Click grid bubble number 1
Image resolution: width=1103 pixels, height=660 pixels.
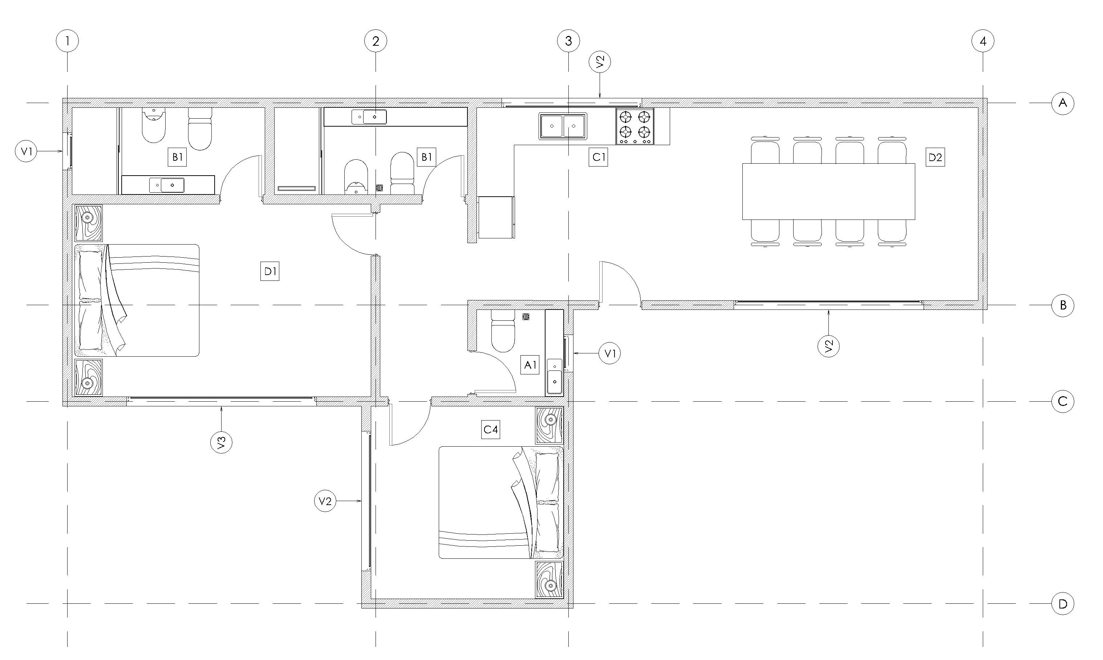click(x=67, y=41)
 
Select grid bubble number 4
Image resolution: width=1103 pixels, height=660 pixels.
click(x=983, y=41)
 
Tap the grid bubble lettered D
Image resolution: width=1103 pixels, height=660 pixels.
click(x=1062, y=604)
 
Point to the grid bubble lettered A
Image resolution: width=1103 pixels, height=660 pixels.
click(x=1062, y=103)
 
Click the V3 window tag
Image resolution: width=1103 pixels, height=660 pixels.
click(x=221, y=442)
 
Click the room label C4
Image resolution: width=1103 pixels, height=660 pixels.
click(x=491, y=430)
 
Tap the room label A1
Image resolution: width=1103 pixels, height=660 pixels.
click(x=530, y=365)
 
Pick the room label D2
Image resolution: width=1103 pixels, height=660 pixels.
click(x=935, y=157)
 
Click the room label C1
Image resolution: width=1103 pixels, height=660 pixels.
click(x=598, y=157)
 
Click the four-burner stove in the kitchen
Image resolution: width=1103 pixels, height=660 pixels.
click(x=635, y=126)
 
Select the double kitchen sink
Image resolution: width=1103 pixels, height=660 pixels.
click(x=563, y=126)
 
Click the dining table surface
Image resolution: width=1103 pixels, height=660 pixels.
click(x=828, y=192)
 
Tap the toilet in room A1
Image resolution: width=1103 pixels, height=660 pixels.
click(x=503, y=331)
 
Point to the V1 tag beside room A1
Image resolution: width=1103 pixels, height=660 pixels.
click(x=609, y=353)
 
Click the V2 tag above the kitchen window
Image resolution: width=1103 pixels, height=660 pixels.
click(x=600, y=63)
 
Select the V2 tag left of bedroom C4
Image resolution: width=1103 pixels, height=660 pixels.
click(x=325, y=501)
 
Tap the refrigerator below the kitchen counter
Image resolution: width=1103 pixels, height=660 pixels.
click(x=495, y=217)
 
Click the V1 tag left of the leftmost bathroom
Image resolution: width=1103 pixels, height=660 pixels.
click(x=26, y=151)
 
